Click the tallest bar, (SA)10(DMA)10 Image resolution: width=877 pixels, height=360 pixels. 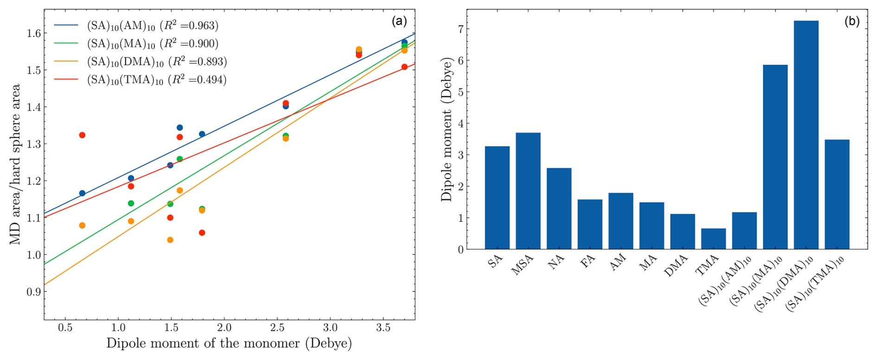click(806, 135)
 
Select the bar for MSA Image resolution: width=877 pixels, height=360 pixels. click(528, 191)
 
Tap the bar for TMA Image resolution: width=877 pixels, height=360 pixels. click(713, 239)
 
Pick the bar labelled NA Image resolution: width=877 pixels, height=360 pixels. click(559, 208)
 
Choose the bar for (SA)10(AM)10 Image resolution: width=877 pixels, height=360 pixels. click(744, 231)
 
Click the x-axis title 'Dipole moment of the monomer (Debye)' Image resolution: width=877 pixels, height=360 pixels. click(229, 344)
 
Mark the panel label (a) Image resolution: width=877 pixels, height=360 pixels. click(399, 21)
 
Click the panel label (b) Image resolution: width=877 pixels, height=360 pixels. click(852, 21)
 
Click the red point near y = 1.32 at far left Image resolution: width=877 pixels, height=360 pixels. click(82, 135)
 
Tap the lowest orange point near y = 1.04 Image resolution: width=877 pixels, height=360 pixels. click(170, 240)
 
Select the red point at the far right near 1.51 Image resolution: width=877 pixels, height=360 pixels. click(404, 67)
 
